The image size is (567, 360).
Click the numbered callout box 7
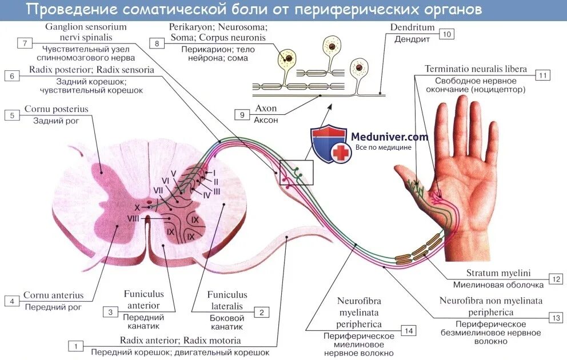point(24,43)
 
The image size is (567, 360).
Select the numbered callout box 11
point(543,75)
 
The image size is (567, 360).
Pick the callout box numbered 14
point(408,330)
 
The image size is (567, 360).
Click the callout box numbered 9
point(242,115)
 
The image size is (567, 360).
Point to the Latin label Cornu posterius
point(56,109)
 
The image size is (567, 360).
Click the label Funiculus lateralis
point(227,301)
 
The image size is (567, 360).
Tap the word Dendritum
point(412,27)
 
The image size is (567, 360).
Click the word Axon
point(266,109)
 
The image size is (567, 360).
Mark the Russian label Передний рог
point(53,307)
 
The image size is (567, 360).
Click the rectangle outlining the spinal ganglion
point(296,172)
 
